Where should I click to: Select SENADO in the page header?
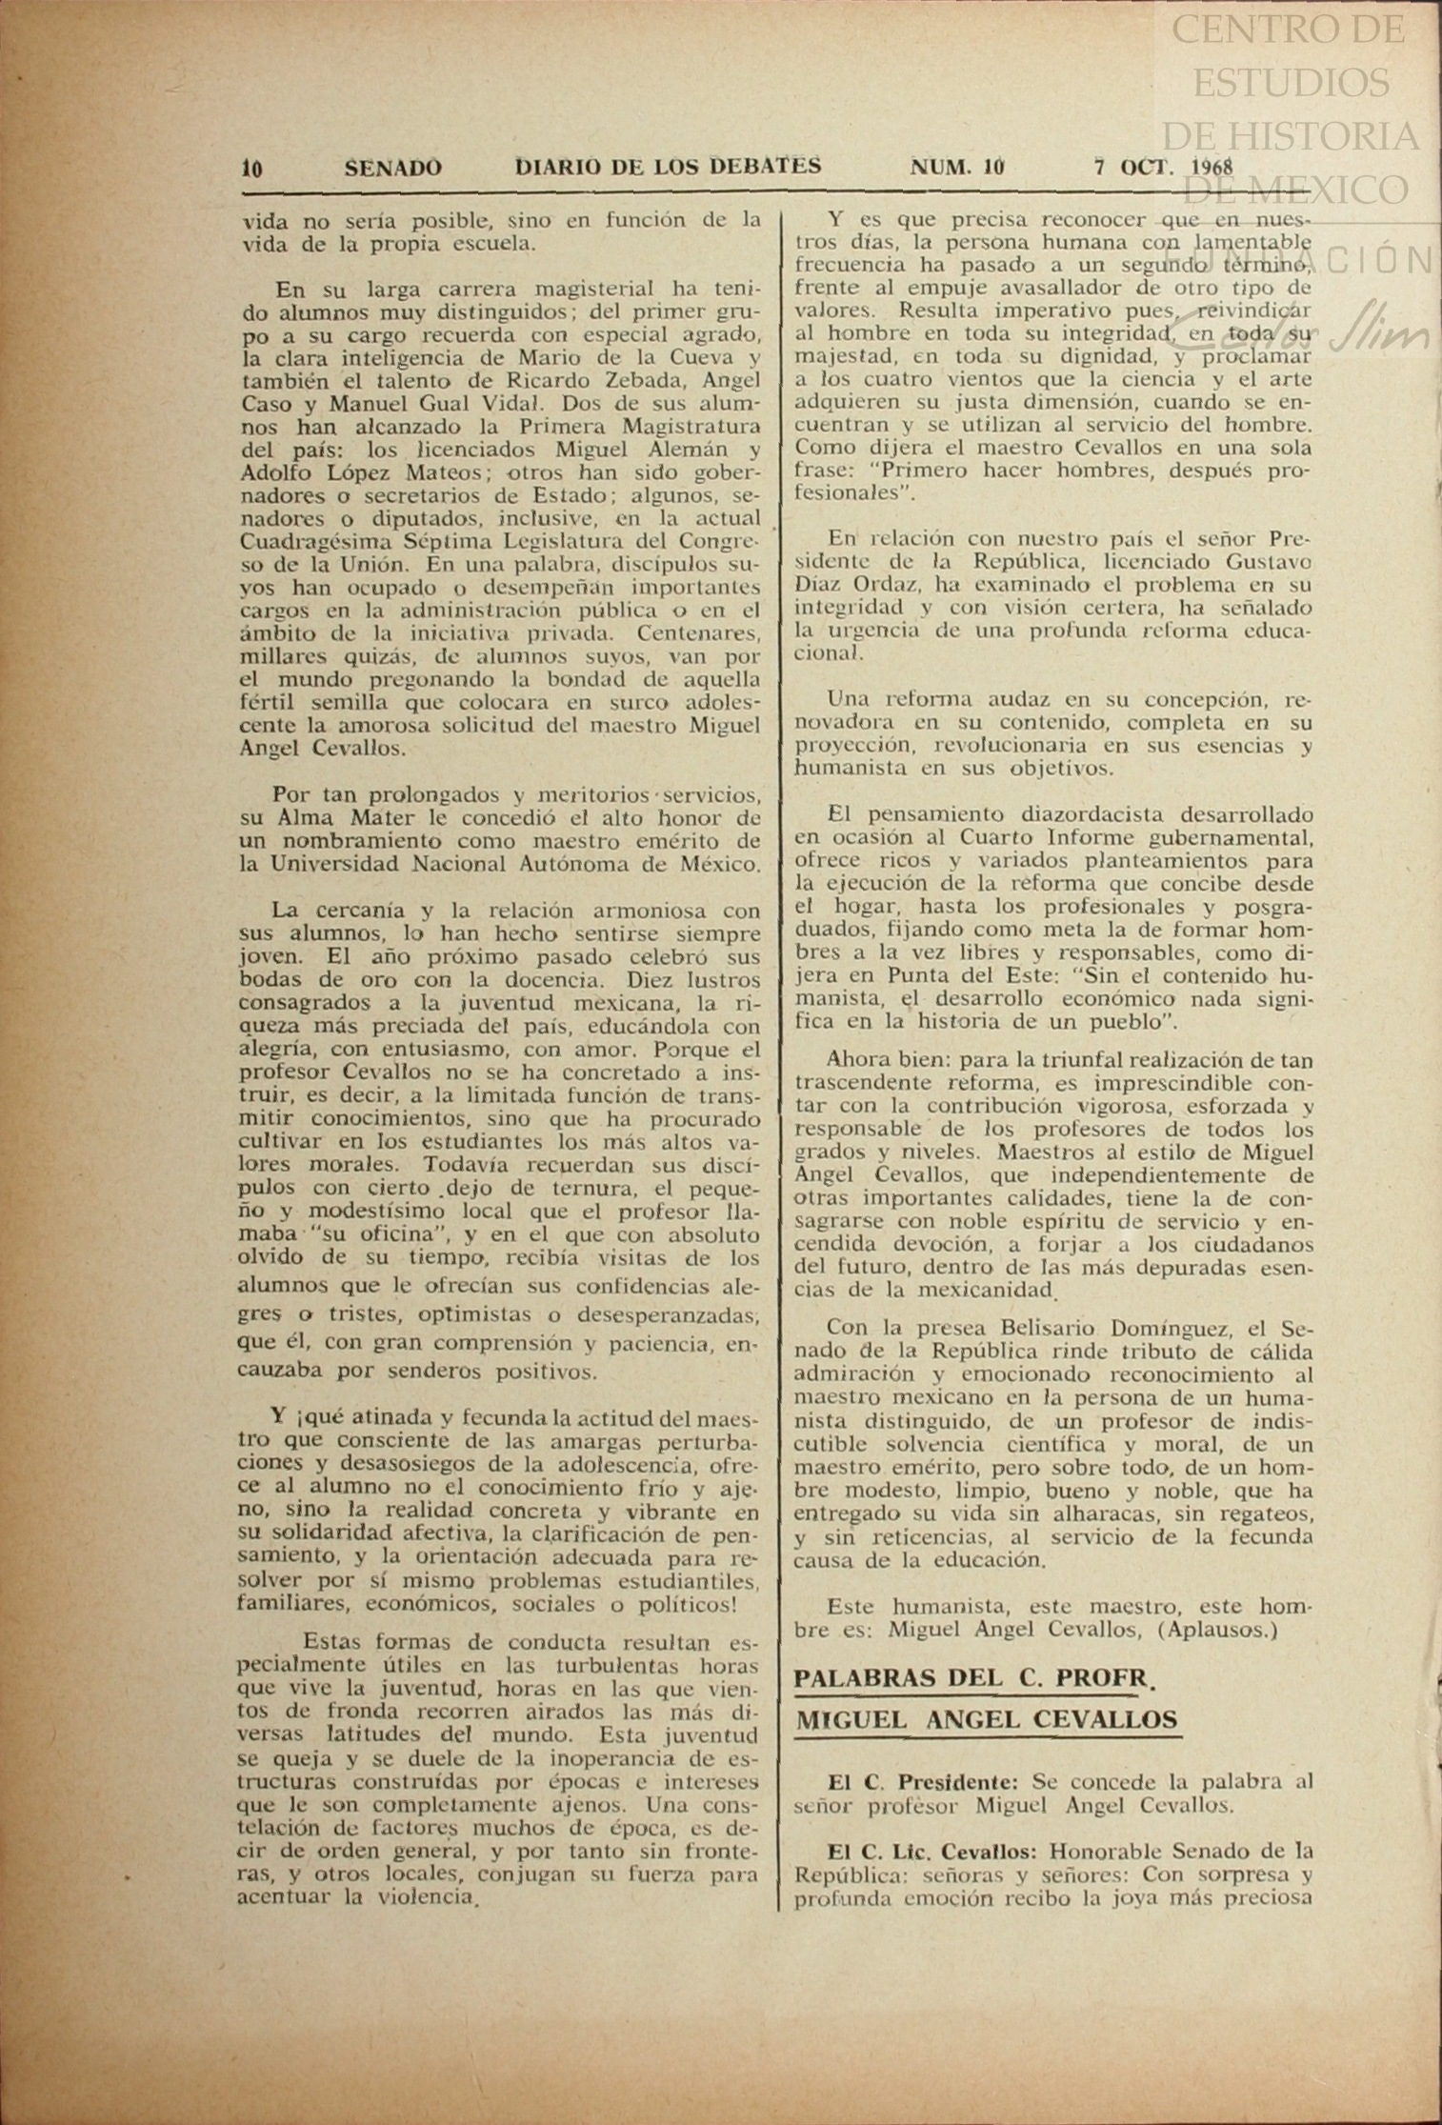pos(392,169)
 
